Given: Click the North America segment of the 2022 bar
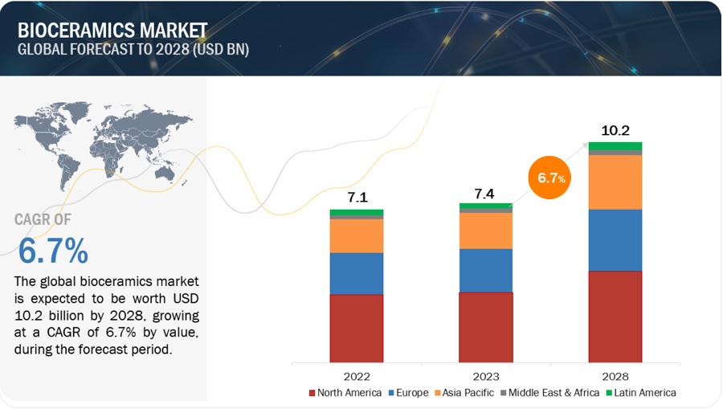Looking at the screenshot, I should point(356,328).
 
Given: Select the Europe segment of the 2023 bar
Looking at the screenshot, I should point(485,270).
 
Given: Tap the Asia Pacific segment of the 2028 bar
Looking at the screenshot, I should point(615,182).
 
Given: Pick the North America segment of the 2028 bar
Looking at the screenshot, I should point(615,316).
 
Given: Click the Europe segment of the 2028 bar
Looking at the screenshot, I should point(615,240).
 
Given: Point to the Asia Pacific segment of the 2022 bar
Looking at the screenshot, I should point(356,235).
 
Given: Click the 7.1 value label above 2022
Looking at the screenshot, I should point(356,197).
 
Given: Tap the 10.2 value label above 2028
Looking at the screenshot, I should point(615,129).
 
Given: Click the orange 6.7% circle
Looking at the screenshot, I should point(551,178).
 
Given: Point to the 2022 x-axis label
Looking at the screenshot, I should point(356,375).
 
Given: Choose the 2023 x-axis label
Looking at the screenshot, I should point(485,375).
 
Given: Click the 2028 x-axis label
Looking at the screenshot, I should point(615,375).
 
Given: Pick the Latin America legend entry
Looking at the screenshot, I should point(642,393).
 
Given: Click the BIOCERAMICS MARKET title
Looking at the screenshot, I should point(112,31).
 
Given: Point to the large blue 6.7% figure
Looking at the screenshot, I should point(53,252).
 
